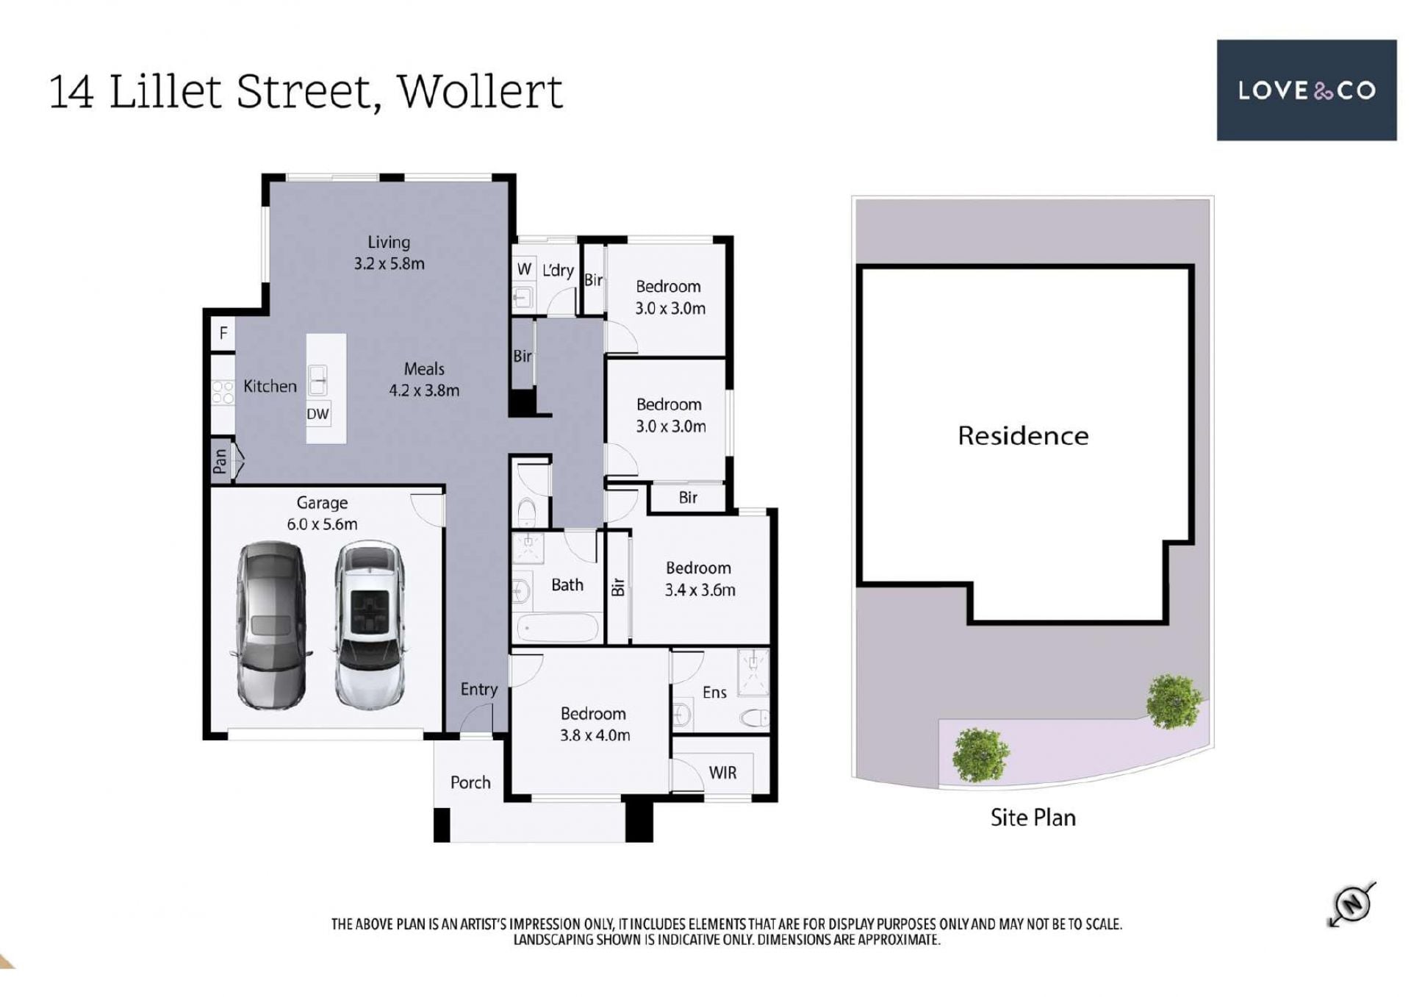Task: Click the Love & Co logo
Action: [x=1306, y=90]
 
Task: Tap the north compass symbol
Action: [x=1352, y=904]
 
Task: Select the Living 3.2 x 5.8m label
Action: [x=389, y=252]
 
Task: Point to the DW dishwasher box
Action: [x=317, y=413]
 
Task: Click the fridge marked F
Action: [x=223, y=334]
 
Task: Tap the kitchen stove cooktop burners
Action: [x=223, y=392]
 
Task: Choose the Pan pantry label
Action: [x=220, y=462]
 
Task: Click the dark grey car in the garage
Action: [x=270, y=626]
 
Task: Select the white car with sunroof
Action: [x=369, y=626]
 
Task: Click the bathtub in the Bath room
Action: [x=558, y=629]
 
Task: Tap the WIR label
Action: [x=722, y=773]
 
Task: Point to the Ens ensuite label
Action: [x=714, y=692]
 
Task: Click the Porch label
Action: [x=470, y=782]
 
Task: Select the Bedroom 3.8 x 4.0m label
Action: [x=594, y=724]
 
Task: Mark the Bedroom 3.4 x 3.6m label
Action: [x=699, y=579]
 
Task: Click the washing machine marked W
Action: [x=524, y=269]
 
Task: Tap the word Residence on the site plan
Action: [x=1023, y=436]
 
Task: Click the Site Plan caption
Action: [x=1033, y=818]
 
